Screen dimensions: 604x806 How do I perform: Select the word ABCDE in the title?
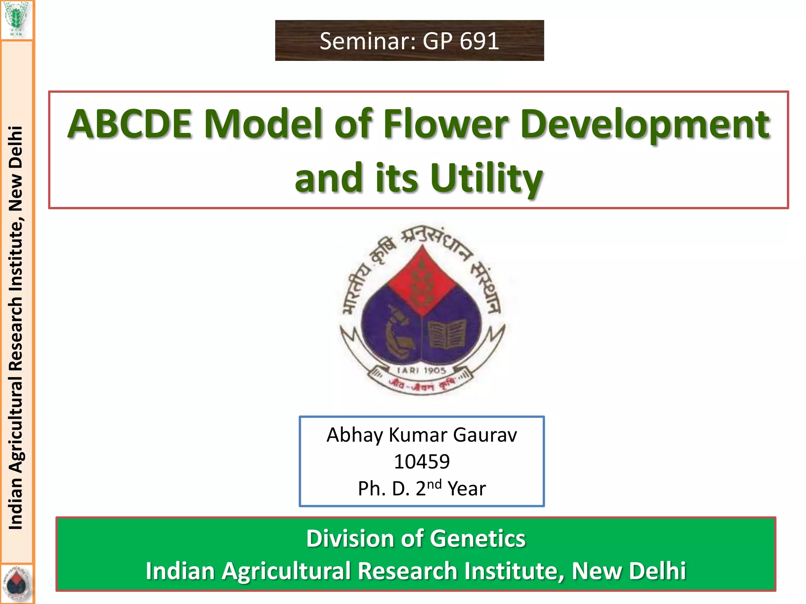[130, 124]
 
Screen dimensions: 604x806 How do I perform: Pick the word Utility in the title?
[486, 179]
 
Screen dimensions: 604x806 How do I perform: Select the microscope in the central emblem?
[397, 330]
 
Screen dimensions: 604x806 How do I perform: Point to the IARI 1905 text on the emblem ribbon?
[421, 370]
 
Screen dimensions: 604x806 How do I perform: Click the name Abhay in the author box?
[355, 435]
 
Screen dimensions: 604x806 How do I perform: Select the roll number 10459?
[421, 462]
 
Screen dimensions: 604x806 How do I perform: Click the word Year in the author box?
[467, 489]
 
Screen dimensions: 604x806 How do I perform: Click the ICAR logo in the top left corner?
[16, 20]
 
